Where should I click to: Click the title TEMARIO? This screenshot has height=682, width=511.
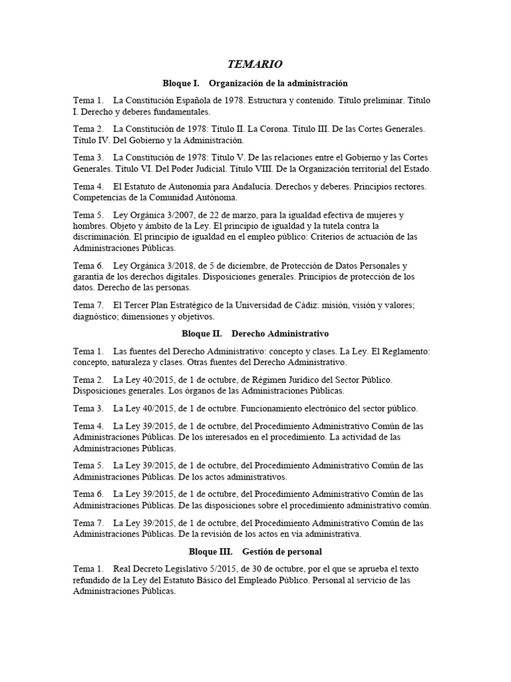pyautogui.click(x=255, y=64)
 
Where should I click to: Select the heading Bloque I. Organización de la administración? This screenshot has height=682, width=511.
pyautogui.click(x=255, y=83)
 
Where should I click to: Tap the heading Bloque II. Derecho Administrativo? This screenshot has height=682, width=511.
pyautogui.click(x=255, y=332)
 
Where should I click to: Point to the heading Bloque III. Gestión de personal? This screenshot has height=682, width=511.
pyautogui.click(x=255, y=552)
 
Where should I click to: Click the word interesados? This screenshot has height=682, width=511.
pyautogui.click(x=228, y=437)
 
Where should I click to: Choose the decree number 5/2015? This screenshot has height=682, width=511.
pyautogui.click(x=204, y=569)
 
